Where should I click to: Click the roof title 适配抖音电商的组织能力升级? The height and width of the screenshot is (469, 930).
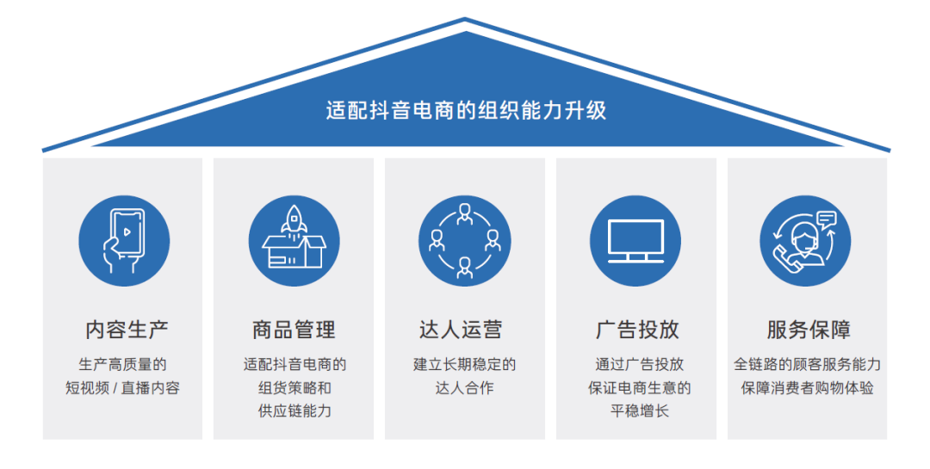pos(466,110)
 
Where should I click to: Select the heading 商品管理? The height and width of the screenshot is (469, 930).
pos(294,330)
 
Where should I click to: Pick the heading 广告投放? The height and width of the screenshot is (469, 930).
pos(635,330)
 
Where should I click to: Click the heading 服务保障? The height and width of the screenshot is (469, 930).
pos(807,330)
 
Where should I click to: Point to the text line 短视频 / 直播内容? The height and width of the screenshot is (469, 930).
pos(123,388)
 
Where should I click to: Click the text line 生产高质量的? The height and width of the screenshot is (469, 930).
pos(123,365)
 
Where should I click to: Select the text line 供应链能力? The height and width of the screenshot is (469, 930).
pos(294,411)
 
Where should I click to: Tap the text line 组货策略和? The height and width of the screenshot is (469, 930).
pos(294,388)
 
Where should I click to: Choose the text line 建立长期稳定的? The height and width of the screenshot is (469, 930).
pos(465,365)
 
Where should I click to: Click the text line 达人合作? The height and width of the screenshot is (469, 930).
pos(465,388)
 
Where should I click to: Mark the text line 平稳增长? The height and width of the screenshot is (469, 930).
pos(635,411)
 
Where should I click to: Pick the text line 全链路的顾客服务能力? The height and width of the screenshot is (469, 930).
pos(807,365)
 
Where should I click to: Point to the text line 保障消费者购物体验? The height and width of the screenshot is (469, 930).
pos(807,388)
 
